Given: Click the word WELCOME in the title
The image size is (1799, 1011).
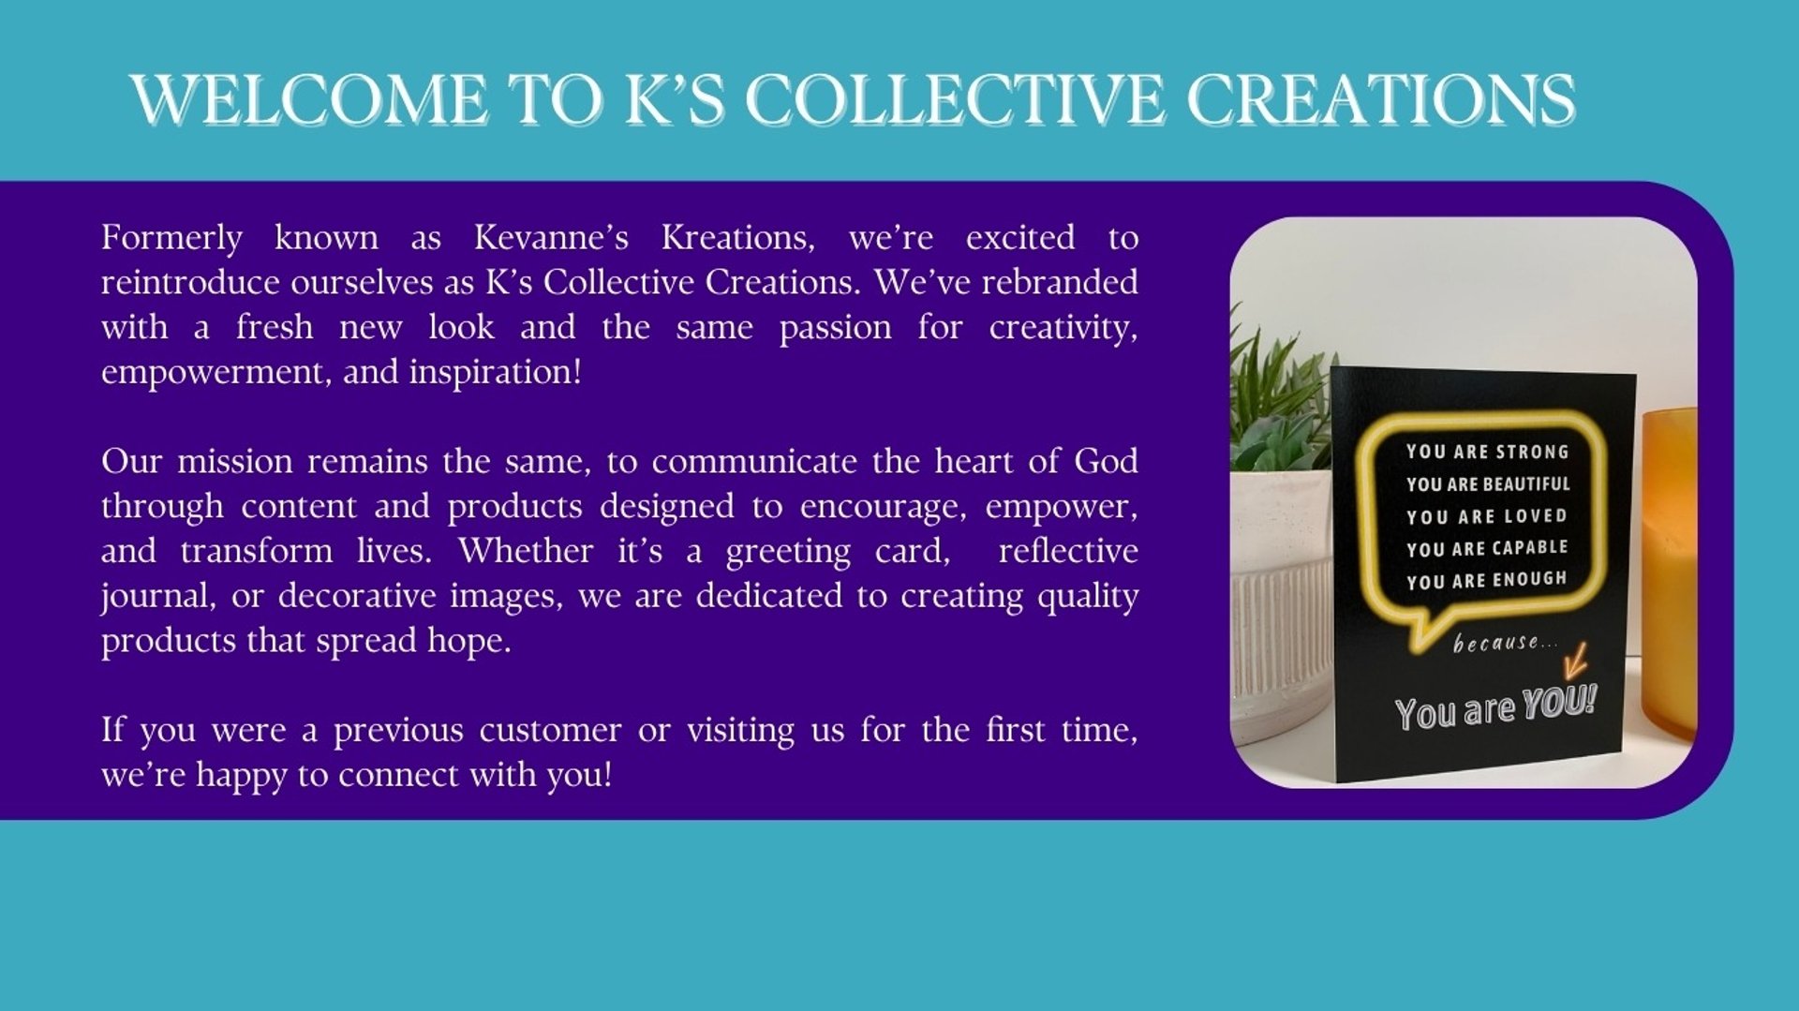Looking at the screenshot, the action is [x=309, y=99].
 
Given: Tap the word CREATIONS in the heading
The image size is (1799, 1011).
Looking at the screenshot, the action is [x=1381, y=99].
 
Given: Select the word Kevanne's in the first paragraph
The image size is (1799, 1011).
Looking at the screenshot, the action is [x=551, y=237].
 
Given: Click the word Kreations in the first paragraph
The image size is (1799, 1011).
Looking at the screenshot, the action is [x=738, y=237].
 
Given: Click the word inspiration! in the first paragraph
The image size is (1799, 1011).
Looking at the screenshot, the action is [x=496, y=372].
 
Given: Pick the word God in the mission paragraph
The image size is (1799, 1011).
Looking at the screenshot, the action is [x=1107, y=461].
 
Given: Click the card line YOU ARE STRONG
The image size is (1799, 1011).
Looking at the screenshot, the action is [x=1487, y=452].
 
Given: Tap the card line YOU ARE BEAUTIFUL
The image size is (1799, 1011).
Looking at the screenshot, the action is [x=1488, y=483].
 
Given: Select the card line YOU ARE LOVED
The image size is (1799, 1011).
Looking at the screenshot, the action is [x=1487, y=516].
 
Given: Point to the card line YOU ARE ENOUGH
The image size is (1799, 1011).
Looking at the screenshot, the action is [x=1487, y=580].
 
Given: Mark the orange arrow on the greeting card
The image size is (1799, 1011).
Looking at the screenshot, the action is [x=1575, y=661].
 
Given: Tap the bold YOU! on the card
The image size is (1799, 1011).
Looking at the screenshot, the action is [x=1559, y=703].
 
